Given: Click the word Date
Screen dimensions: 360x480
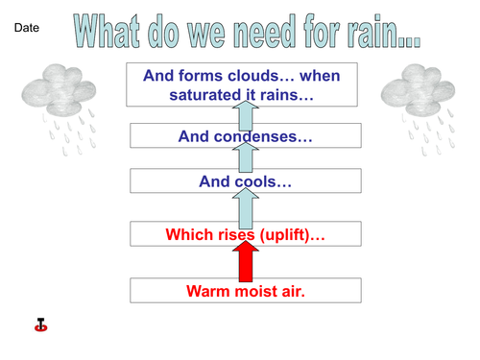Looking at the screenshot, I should tap(27, 30).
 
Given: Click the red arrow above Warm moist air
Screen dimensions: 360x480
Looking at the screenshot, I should tap(246, 262).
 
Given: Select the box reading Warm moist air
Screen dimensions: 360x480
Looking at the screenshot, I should tap(246, 290).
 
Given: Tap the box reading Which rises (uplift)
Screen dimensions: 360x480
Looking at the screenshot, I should tap(246, 234).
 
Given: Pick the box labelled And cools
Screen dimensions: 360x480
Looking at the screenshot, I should tap(246, 180).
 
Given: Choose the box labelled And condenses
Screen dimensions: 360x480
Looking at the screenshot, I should tap(246, 136).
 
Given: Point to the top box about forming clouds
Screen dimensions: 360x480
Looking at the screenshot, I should tap(246, 84).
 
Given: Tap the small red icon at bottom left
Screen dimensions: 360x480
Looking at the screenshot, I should tap(40, 325).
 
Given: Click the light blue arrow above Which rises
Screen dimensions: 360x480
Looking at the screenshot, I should tap(246, 207).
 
